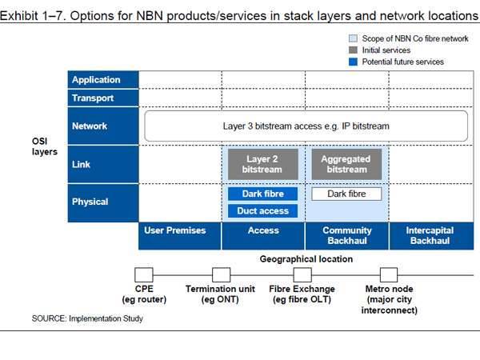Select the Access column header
point(263,230)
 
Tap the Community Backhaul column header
point(346,235)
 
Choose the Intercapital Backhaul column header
point(430,235)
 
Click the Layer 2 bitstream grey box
point(263,164)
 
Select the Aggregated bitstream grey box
point(346,164)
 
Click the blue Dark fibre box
point(263,194)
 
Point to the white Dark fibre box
point(346,194)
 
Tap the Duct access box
point(263,211)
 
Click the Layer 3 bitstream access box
point(306,126)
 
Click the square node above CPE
point(144,274)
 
